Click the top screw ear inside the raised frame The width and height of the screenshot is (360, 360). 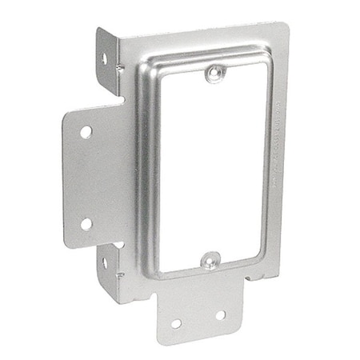point(212,74)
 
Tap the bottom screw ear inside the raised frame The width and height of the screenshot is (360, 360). point(210,259)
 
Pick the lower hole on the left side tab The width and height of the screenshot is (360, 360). point(86,223)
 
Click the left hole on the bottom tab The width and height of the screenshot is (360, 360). point(176,323)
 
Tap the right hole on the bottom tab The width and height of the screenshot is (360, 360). point(220,315)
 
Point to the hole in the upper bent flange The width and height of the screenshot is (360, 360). point(104,58)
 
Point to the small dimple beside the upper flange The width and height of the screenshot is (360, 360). point(120,68)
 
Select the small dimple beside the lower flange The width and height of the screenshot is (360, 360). point(120,274)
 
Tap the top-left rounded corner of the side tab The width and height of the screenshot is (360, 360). point(70,113)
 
